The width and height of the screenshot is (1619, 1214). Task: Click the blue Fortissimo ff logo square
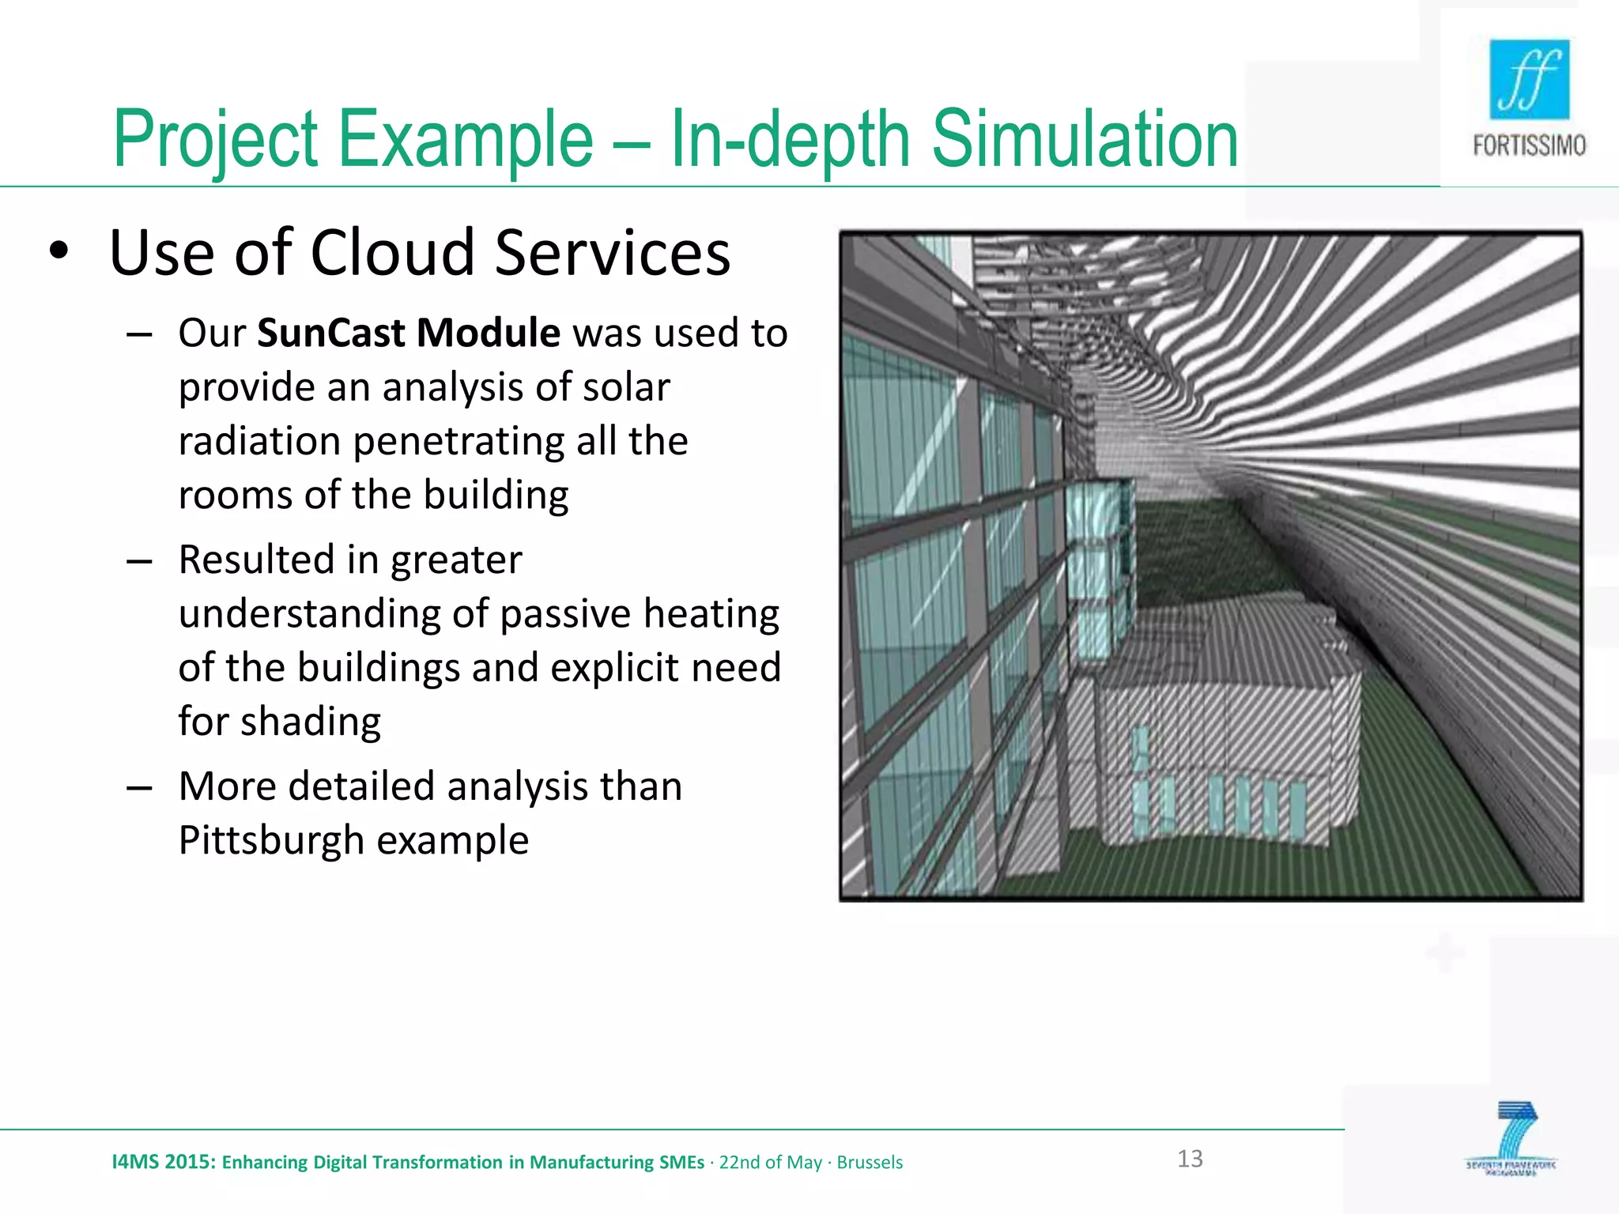point(1529,79)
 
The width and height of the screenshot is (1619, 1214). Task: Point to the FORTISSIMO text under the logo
point(1529,146)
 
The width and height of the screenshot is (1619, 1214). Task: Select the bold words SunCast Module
point(408,333)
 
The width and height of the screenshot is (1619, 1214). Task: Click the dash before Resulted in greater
point(139,561)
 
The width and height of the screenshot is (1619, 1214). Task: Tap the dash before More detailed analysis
point(139,788)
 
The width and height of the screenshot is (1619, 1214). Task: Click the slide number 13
point(1190,1159)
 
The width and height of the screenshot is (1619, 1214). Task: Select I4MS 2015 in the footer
point(163,1162)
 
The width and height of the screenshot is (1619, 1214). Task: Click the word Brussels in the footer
point(870,1163)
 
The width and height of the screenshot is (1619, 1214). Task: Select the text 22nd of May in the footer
point(770,1163)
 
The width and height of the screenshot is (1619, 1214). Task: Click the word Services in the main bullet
point(613,253)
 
